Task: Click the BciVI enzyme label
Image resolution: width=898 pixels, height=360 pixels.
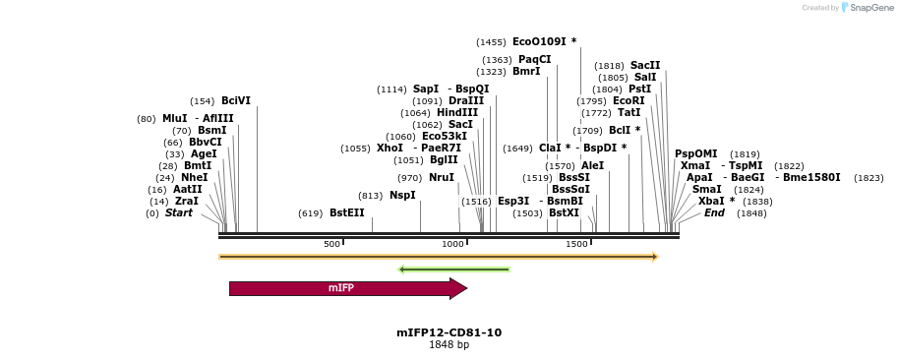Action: [x=235, y=101]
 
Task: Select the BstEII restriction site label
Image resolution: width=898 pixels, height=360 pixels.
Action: [x=346, y=213]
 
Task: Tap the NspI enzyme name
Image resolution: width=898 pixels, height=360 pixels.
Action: [x=402, y=196]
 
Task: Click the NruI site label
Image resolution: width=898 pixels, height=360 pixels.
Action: [x=441, y=178]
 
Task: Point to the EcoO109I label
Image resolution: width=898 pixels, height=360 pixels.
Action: [x=538, y=42]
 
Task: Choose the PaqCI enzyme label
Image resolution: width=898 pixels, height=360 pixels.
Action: [x=534, y=60]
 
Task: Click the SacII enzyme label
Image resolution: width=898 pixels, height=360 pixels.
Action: [x=645, y=66]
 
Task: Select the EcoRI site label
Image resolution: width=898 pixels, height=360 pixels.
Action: [x=629, y=101]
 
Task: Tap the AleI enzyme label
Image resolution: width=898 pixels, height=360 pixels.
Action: [x=592, y=166]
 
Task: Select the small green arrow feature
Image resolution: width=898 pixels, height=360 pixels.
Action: [x=453, y=269]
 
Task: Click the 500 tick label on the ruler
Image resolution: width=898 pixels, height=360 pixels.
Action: [x=331, y=244]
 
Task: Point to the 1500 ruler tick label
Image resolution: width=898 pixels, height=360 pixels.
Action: [x=576, y=244]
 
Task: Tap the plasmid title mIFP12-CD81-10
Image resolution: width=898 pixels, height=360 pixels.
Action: [x=449, y=332]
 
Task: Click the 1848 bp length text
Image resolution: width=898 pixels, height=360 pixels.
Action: [x=449, y=345]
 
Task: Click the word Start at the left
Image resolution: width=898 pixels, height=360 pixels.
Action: [x=178, y=213]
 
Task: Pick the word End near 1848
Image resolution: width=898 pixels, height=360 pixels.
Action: [x=714, y=213]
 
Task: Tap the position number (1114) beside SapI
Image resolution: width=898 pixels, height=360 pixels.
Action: [x=391, y=90]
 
